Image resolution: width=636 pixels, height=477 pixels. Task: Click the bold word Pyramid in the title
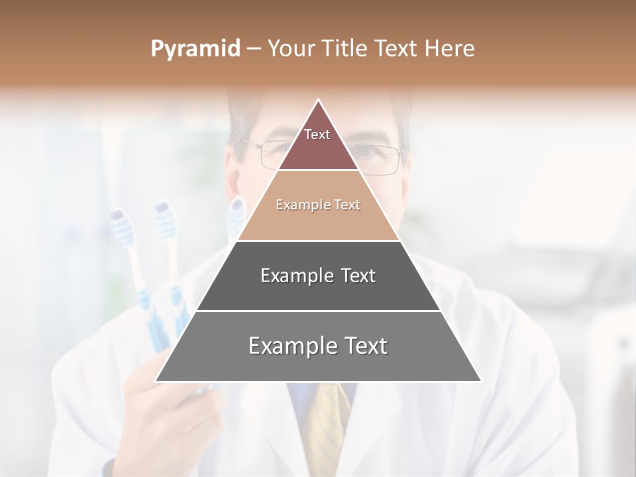[x=195, y=48]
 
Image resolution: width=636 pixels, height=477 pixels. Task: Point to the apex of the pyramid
[x=319, y=101]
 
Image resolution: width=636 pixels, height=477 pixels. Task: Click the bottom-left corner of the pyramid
[x=156, y=381]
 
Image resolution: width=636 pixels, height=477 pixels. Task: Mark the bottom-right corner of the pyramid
[x=480, y=381]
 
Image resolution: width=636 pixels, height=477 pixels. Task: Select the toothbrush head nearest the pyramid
[x=236, y=215]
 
